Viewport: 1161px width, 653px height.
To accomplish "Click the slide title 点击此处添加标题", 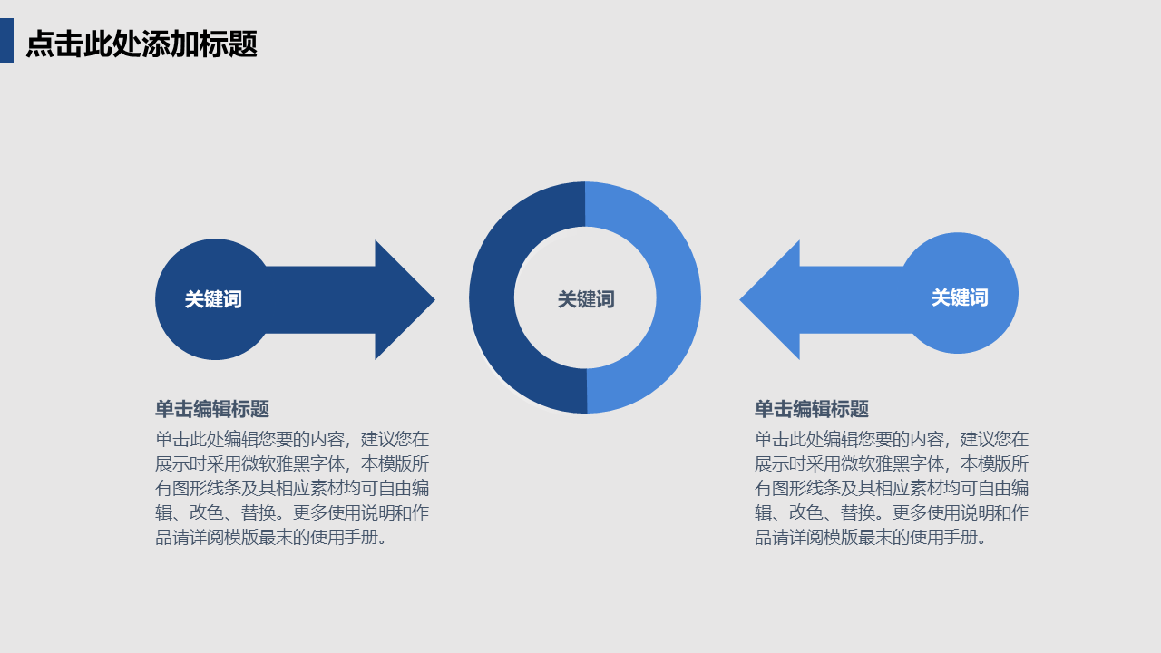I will (141, 44).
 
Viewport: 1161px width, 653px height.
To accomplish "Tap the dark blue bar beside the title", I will (6, 41).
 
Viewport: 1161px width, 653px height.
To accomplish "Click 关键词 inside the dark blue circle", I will (213, 299).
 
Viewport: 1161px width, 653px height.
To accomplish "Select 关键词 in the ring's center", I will (585, 299).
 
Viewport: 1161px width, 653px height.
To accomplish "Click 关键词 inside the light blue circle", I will (959, 297).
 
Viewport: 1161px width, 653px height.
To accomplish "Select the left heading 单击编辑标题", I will (212, 409).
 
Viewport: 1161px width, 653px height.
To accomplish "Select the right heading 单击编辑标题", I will (812, 409).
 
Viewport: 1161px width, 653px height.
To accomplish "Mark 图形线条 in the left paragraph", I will (209, 488).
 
